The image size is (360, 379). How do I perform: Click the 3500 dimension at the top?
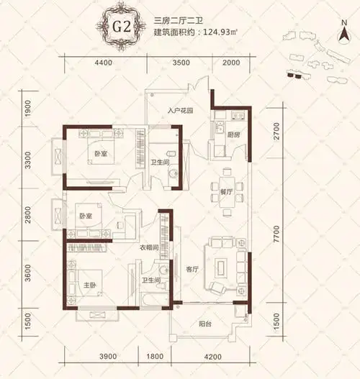(x=181, y=63)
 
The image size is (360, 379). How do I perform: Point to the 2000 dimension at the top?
(x=231, y=63)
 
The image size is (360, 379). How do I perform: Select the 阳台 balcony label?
(x=205, y=323)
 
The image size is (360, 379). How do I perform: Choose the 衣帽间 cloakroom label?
(x=149, y=248)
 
